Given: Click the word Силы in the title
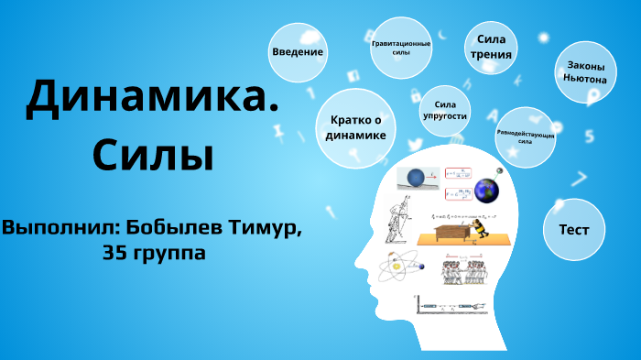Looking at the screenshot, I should point(153,153).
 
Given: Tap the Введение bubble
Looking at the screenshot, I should point(298,52).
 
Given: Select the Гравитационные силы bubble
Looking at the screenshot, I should point(400,48).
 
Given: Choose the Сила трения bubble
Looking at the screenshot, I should point(492,47).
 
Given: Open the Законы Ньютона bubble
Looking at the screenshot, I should point(585,72).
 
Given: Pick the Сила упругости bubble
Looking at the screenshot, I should point(445,111).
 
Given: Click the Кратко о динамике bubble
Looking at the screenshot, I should point(354,128).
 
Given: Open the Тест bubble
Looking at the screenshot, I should point(574,229).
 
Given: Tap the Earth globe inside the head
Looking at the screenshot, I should point(486,191).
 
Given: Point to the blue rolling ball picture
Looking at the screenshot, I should point(416,178).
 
